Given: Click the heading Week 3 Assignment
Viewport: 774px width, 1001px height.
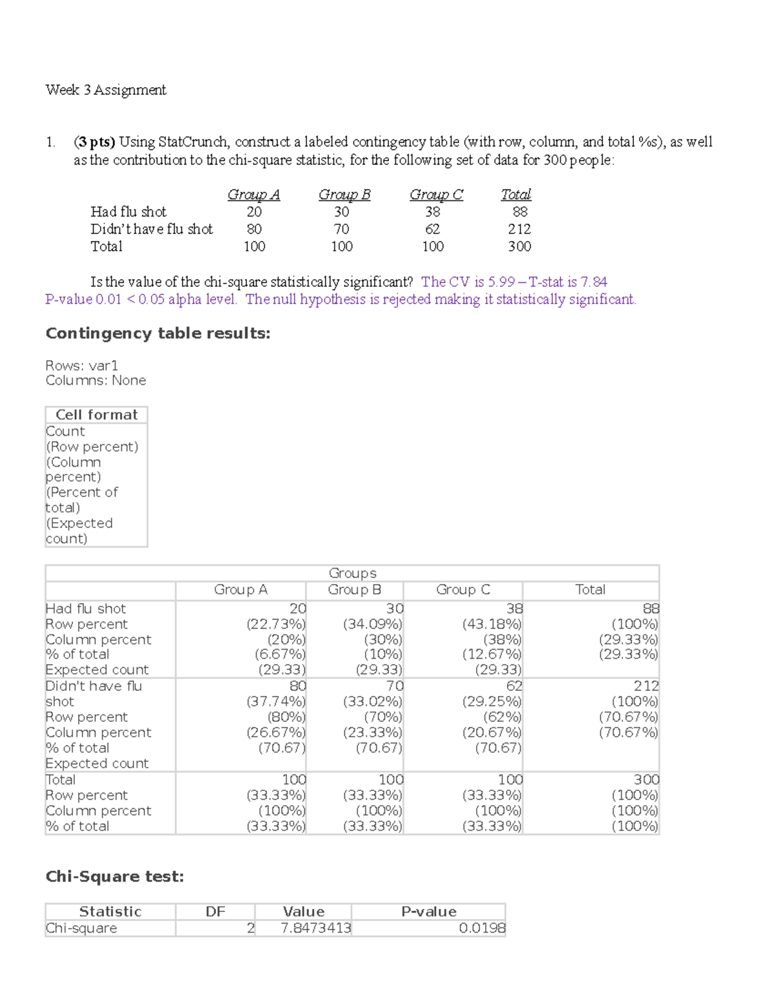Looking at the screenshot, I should coord(106,90).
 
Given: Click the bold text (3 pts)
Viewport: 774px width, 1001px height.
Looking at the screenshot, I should coord(94,142).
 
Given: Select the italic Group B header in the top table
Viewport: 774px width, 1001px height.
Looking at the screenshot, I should coord(344,195).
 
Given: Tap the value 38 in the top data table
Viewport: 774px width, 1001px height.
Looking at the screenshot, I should coord(433,212).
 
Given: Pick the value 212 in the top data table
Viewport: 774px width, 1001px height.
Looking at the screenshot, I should coord(519,229).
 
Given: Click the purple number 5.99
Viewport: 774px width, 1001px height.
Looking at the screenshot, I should coord(501,282).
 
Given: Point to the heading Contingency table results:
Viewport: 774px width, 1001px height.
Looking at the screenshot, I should coord(157,333).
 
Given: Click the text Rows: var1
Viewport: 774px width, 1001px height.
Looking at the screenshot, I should coord(81,365).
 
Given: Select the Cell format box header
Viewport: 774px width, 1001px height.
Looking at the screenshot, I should coord(97,415).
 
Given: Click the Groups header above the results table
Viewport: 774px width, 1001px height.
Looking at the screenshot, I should coord(352,573).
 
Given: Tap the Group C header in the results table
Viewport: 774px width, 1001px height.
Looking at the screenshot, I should coord(463,590).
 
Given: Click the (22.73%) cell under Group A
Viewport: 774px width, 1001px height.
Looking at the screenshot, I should coord(276,624).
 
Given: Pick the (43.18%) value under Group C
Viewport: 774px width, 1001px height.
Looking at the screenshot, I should coord(491,624).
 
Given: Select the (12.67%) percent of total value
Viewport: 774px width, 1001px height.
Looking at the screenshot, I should coord(491,654).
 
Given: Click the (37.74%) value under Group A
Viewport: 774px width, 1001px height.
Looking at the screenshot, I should coord(276,701).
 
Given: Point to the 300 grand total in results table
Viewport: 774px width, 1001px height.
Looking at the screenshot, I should coord(646,779).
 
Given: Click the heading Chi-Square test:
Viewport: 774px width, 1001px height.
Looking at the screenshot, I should coord(115,877).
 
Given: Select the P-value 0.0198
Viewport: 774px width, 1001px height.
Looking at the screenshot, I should coord(482,928).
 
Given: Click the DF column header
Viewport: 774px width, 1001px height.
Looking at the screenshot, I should coord(215,911).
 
